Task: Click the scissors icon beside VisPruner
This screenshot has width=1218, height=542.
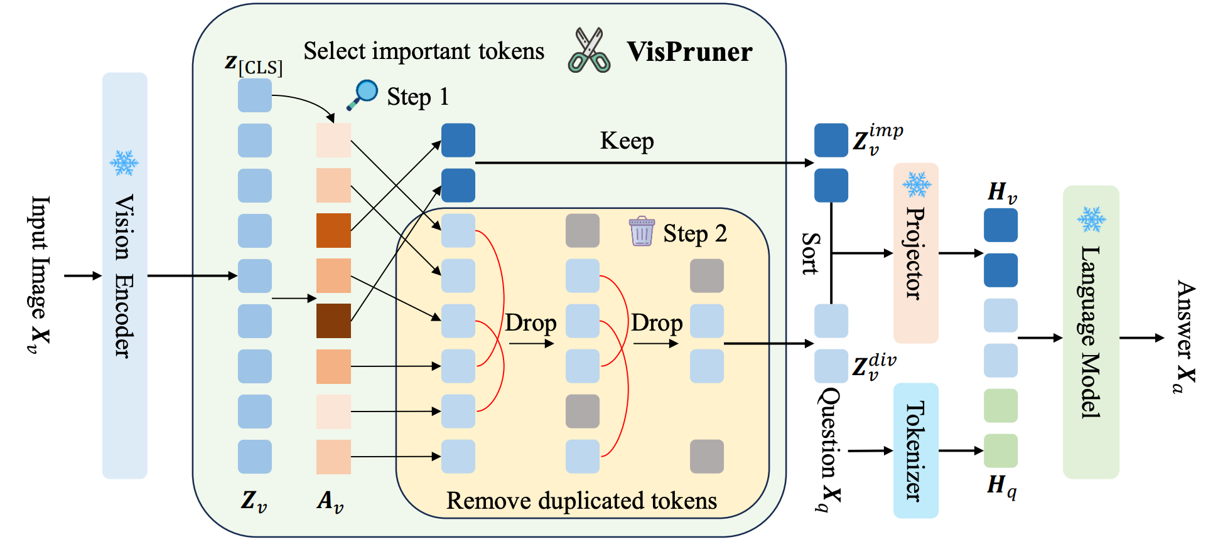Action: pos(589,50)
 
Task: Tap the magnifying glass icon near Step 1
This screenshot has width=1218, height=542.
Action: pos(362,95)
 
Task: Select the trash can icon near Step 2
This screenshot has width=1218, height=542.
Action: pos(642,231)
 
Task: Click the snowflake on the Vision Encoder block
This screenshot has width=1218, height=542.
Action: pos(124,163)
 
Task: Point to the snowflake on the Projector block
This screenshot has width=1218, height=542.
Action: pos(917,184)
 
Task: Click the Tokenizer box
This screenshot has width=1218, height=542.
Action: pos(916,450)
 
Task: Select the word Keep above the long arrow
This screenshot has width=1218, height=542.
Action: pos(627,141)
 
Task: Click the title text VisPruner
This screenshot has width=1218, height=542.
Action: pos(689,51)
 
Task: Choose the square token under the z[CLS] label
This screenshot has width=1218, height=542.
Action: pos(255,95)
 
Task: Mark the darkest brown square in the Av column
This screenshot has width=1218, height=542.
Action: pos(333,321)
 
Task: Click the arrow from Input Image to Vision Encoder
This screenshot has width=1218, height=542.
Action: pos(83,275)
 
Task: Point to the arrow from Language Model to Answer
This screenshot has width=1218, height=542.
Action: pos(1142,338)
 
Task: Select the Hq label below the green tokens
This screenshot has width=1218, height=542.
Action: pos(1002,486)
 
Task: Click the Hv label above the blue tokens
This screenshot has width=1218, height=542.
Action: pos(1002,193)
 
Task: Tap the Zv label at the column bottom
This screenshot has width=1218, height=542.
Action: pos(254,501)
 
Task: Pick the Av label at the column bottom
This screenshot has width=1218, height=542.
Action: pos(330,501)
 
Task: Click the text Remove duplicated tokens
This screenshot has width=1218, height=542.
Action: pos(581,501)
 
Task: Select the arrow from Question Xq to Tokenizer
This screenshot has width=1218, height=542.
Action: pos(871,450)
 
